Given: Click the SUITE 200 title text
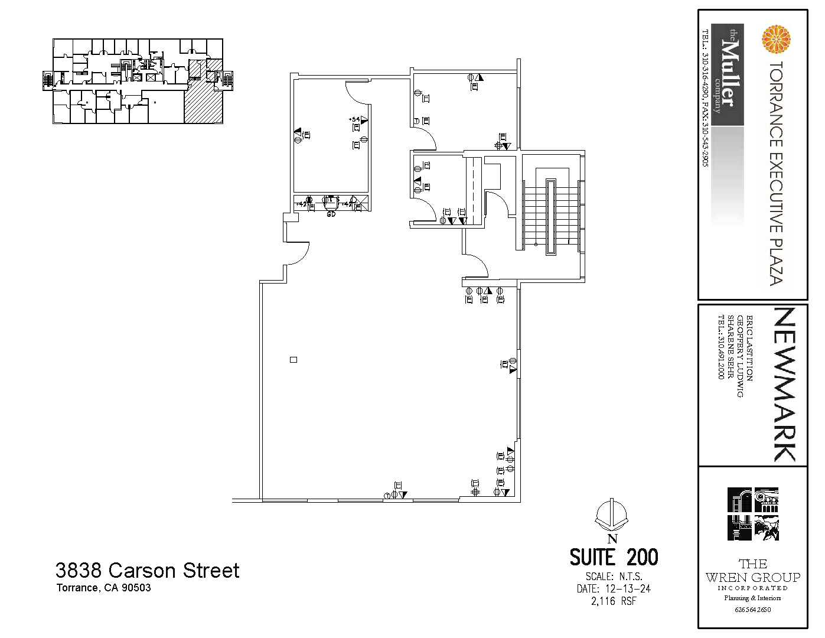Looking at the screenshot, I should point(614,557).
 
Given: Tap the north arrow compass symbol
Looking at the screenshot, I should point(612,516).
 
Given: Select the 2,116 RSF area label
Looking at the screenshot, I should point(614,601).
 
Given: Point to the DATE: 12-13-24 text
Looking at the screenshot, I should point(614,588).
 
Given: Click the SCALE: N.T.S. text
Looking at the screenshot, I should point(614,576).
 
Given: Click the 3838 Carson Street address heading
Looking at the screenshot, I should point(147,570).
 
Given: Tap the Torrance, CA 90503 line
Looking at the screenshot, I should point(103,588).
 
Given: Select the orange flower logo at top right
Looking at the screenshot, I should point(776,39).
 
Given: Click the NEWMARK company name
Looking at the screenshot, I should point(785,384).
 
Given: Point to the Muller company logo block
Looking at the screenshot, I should point(727,74).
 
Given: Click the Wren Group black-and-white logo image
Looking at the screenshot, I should point(753,514).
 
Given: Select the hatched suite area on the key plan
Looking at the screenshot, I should point(204,100).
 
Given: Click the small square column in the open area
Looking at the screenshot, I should point(294,360).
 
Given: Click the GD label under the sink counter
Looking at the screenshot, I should point(331,214).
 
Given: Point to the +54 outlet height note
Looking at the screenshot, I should point(354,119).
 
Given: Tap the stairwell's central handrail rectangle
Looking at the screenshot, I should point(551,217).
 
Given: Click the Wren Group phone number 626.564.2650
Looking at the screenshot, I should point(752,610).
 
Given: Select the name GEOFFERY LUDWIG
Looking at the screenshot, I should point(740,356).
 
